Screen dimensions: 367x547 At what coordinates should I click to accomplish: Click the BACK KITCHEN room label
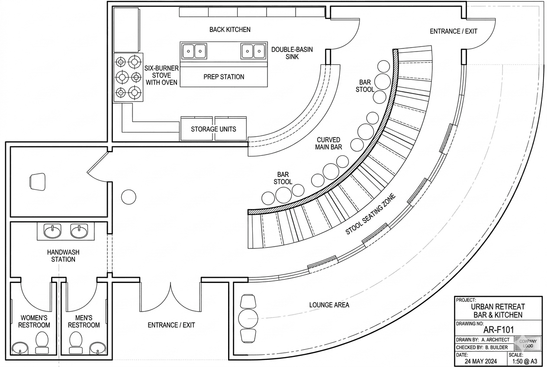pos(230,29)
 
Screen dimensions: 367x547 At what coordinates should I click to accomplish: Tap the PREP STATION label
pos(224,77)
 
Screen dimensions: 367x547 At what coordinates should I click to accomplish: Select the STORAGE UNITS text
pos(214,129)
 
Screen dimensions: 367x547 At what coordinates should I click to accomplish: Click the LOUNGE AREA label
pos(329,305)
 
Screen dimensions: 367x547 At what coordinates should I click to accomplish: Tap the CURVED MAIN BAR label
pos(329,144)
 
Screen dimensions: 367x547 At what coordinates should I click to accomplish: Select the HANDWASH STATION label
pos(63,256)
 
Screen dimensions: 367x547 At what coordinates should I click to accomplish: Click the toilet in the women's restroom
pos(42,340)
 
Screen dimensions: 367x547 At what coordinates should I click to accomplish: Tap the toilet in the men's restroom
pos(76,340)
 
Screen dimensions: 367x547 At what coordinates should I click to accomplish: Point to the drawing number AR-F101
pos(498,330)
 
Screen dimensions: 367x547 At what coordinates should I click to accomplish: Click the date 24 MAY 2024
pos(481,361)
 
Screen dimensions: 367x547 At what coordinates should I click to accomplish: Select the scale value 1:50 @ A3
pos(525,361)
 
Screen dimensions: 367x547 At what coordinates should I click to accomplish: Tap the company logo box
pos(528,344)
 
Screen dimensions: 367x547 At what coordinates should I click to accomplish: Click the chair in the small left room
pos(37,181)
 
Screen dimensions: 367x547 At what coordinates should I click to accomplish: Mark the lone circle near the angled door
pos(129,197)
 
